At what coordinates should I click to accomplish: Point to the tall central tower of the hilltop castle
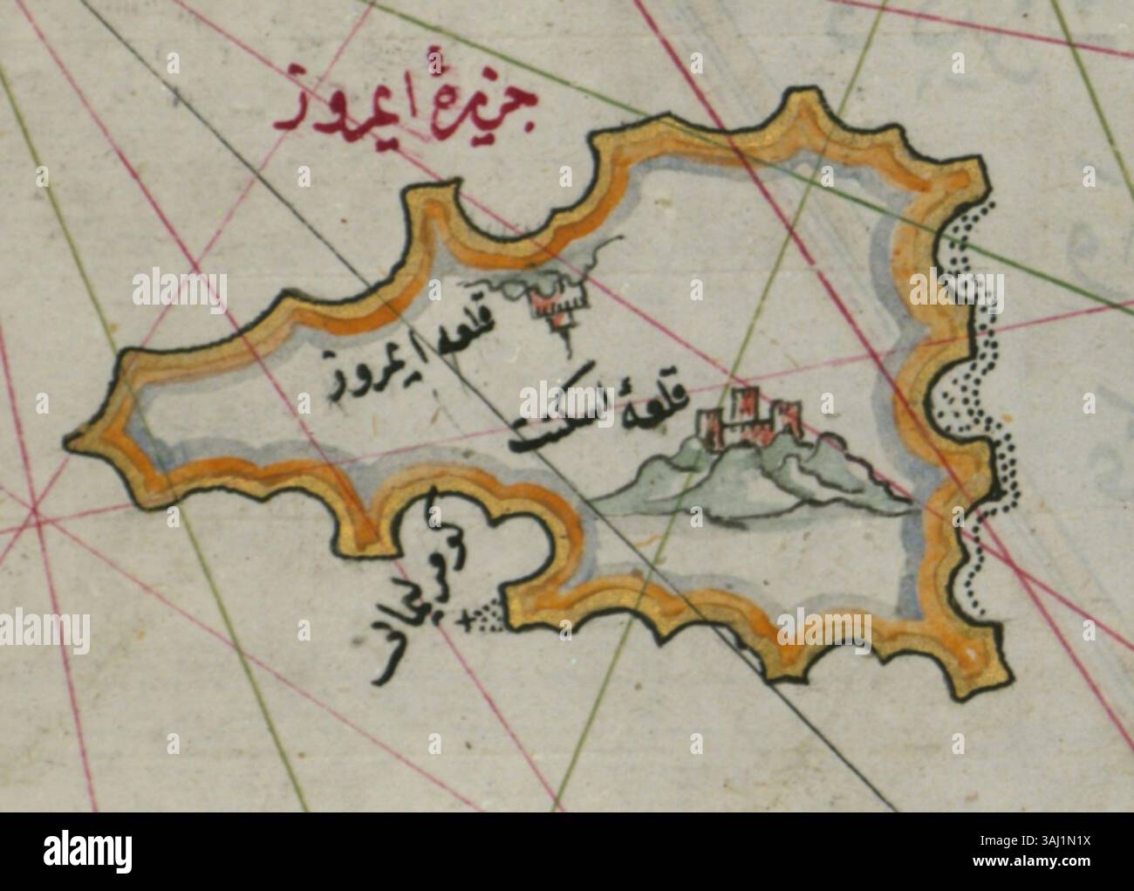(x=746, y=409)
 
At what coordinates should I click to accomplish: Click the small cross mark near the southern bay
(x=462, y=620)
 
